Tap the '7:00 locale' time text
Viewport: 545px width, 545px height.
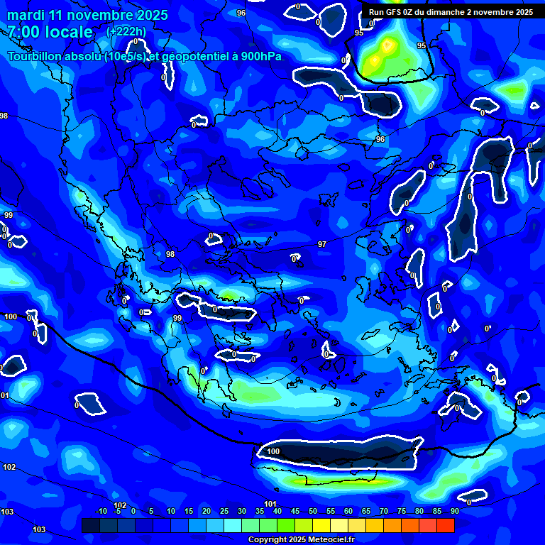tap(50, 32)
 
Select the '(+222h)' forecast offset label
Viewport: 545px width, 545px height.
tap(126, 32)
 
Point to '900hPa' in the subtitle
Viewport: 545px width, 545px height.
tap(263, 57)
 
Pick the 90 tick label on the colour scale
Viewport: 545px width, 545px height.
tap(454, 511)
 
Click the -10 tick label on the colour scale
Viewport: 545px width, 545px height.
tap(101, 511)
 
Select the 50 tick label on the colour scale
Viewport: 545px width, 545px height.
tap(313, 511)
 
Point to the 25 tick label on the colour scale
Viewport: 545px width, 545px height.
tap(224, 511)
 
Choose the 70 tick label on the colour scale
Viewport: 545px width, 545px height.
tap(384, 511)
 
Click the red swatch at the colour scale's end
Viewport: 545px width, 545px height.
tap(446, 525)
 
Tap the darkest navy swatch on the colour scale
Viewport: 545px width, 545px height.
tap(91, 525)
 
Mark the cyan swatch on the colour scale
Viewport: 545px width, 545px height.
tap(233, 525)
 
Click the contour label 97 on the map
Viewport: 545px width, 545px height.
tap(322, 244)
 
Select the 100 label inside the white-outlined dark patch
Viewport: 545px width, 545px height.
tap(273, 451)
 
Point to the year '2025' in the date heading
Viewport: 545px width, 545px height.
tap(153, 15)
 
